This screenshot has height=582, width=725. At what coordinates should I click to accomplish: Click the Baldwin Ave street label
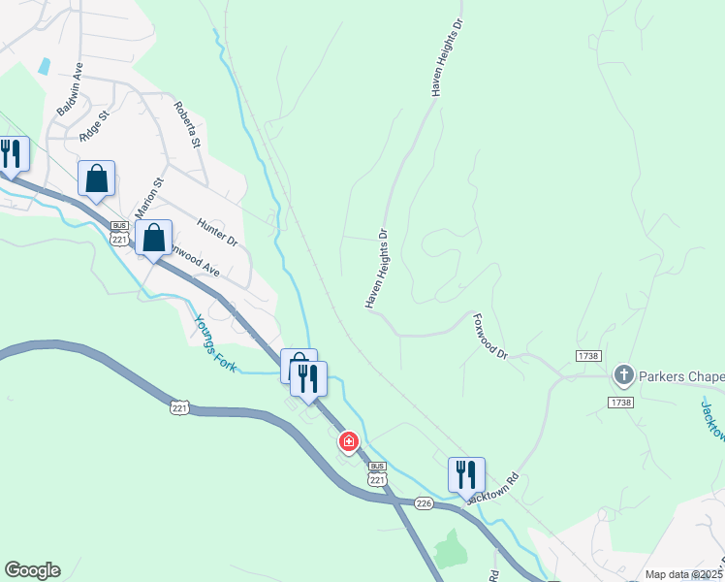pyautogui.click(x=70, y=89)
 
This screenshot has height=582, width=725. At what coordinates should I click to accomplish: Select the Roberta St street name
pyautogui.click(x=186, y=125)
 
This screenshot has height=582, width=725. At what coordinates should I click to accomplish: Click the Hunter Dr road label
pyautogui.click(x=217, y=231)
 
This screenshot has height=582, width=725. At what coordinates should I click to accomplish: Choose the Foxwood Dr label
pyautogui.click(x=490, y=336)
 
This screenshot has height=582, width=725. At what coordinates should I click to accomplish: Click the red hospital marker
pyautogui.click(x=348, y=442)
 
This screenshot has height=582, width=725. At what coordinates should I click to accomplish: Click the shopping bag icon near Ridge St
pyautogui.click(x=96, y=178)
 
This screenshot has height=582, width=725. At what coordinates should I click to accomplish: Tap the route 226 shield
pyautogui.click(x=423, y=502)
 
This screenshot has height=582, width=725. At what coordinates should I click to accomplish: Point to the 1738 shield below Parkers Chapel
pyautogui.click(x=621, y=402)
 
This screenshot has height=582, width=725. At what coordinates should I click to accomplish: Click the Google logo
pyautogui.click(x=32, y=570)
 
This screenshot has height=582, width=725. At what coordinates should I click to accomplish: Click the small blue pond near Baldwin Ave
pyautogui.click(x=44, y=67)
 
